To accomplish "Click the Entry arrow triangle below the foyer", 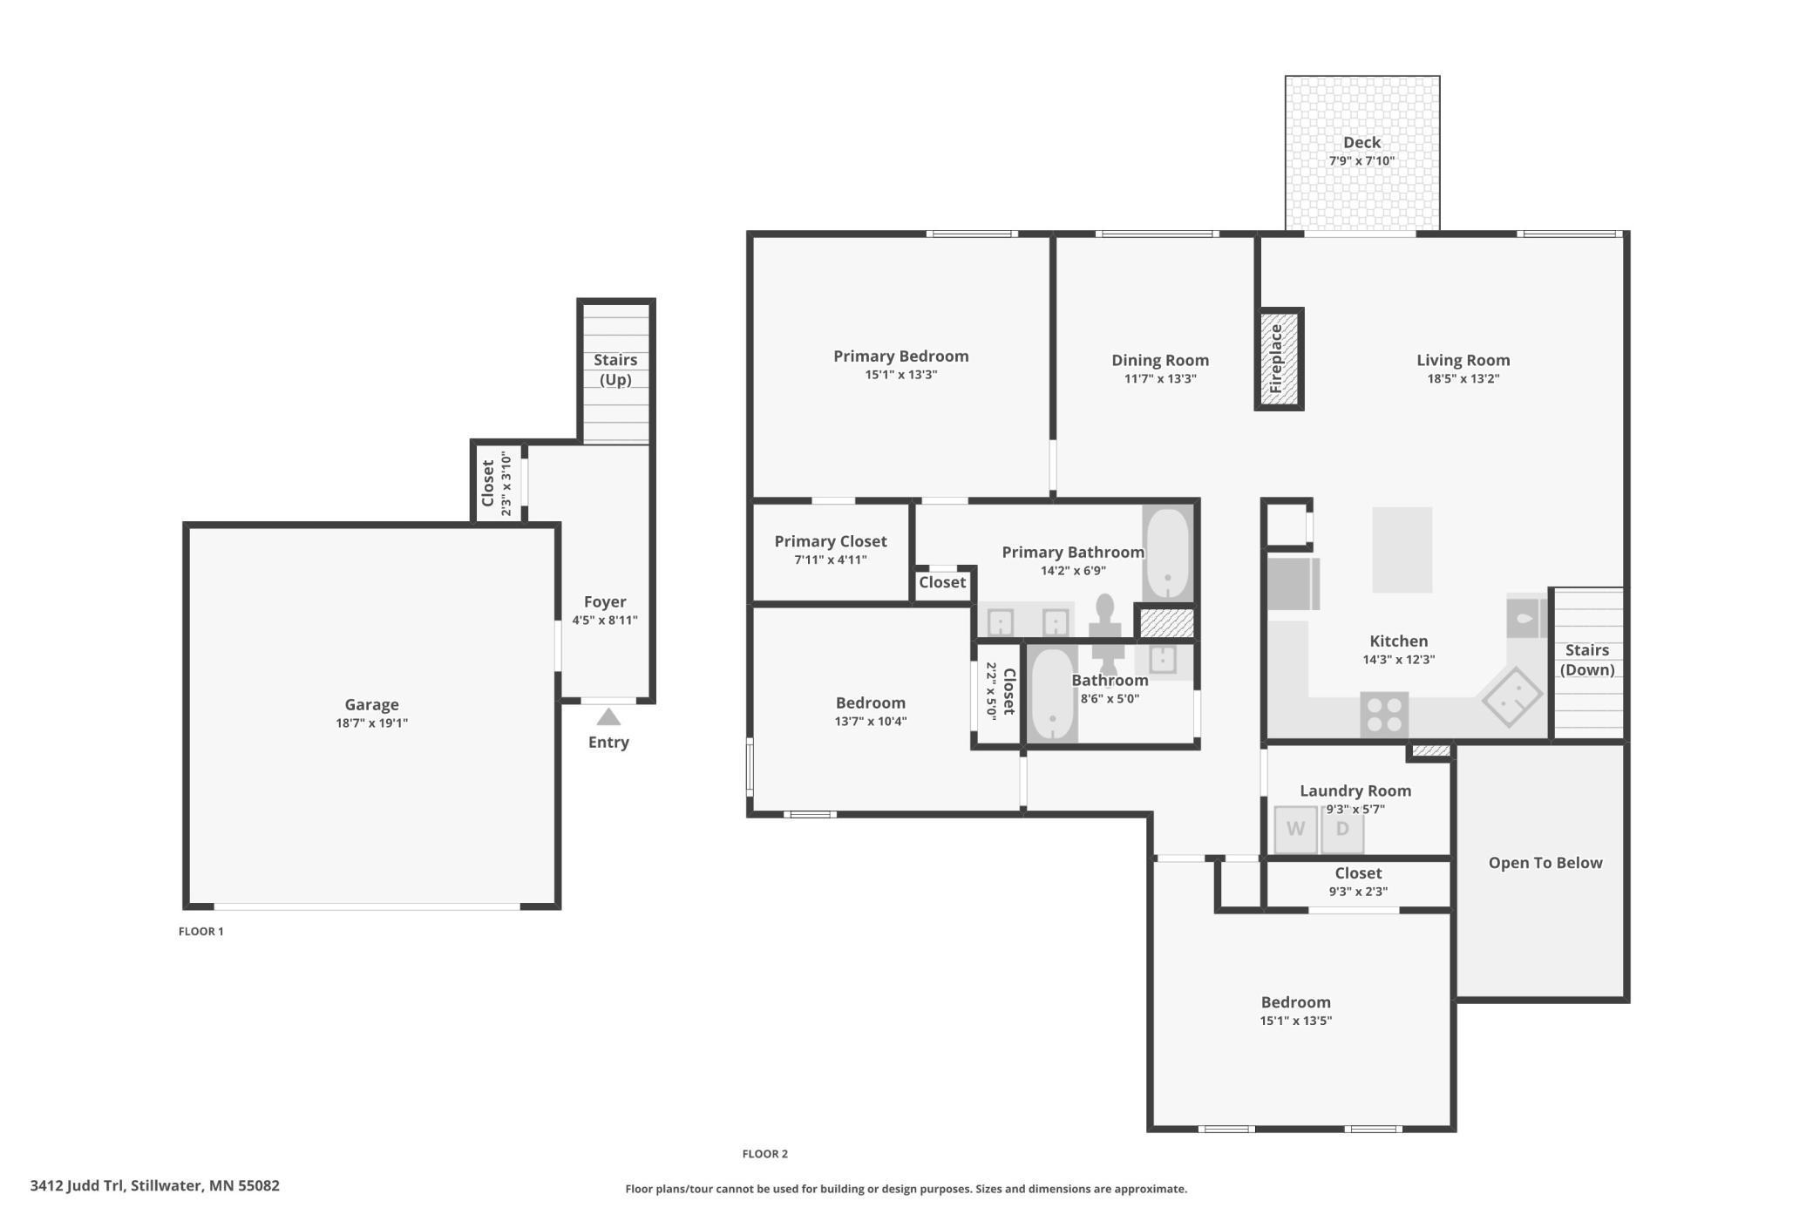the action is tap(608, 716).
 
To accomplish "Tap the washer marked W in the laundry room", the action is tap(1295, 830).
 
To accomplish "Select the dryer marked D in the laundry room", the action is tap(1342, 830).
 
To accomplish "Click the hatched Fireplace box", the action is tap(1279, 358).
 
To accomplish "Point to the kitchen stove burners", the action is tap(1384, 715).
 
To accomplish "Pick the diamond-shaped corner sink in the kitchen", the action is tap(1512, 696).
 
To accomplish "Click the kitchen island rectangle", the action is tap(1402, 550).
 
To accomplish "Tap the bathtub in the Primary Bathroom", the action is tap(1167, 553).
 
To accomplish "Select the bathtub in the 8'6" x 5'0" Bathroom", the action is tap(1052, 695).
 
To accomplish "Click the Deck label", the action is tap(1361, 142).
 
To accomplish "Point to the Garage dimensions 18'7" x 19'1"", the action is tap(372, 723).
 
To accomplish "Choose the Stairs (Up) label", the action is tap(615, 370).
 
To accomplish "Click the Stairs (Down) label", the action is tap(1587, 660).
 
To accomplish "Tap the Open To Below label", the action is tap(1545, 863).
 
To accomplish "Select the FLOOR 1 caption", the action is tap(201, 931).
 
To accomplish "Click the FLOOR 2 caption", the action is tap(765, 1153).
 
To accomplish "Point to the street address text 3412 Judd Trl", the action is tap(78, 1185).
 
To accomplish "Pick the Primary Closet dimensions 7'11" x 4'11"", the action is tap(831, 560).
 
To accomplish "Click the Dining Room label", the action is tap(1160, 360).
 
